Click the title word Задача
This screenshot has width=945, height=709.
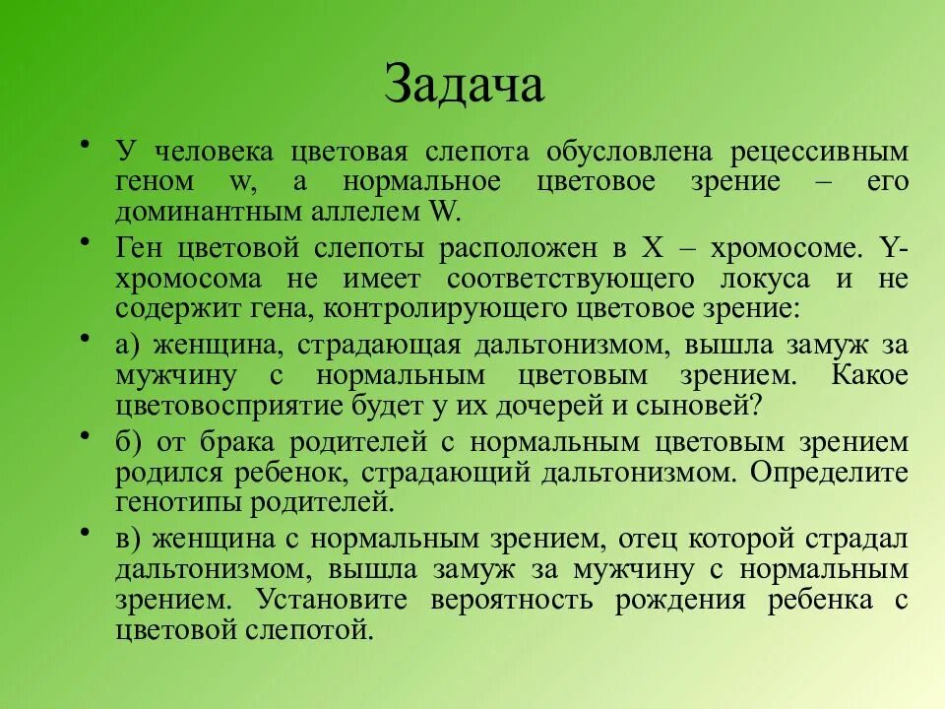click(464, 85)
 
